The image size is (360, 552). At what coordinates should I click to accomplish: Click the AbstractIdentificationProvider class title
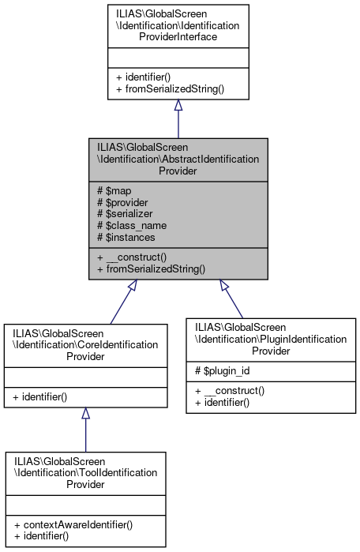coord(178,159)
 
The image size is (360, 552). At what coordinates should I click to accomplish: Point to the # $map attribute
coord(114,190)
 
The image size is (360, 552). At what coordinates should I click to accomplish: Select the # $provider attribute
coord(122,201)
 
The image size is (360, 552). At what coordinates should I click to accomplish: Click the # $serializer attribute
coord(125,213)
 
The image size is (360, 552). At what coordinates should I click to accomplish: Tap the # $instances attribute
coord(126,237)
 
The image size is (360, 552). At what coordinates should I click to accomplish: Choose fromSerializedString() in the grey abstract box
coord(151,269)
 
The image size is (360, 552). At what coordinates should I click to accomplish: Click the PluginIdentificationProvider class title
coord(267,338)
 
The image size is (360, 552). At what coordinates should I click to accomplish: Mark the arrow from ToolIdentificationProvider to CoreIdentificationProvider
coord(85,430)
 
